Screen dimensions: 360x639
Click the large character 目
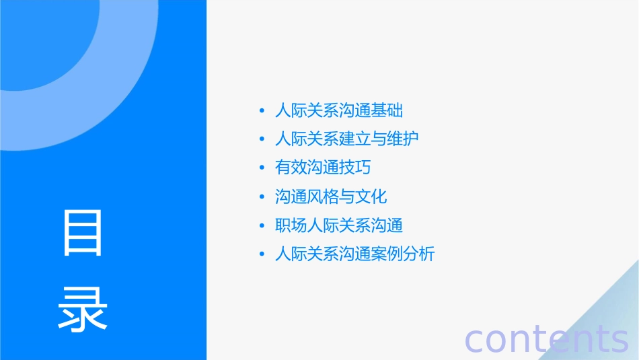click(83, 233)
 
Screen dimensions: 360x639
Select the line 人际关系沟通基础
click(339, 110)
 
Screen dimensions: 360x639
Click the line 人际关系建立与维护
click(347, 139)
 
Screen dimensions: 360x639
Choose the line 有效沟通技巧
click(323, 168)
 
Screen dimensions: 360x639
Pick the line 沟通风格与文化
click(331, 196)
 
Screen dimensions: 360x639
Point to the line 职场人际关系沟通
click(339, 225)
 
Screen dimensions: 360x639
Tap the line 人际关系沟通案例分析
click(355, 254)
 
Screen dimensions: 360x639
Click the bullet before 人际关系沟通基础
click(262, 110)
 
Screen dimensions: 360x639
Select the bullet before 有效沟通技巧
click(262, 168)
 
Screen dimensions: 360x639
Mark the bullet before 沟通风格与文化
click(262, 197)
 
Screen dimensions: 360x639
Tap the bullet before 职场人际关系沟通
click(262, 226)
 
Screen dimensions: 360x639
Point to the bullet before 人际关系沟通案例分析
click(262, 255)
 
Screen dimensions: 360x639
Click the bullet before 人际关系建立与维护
click(262, 139)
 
